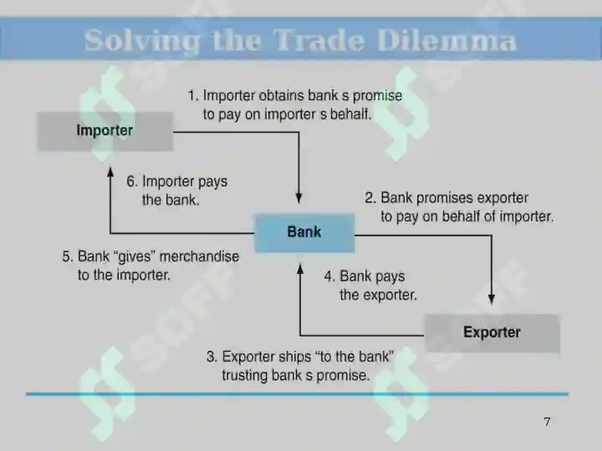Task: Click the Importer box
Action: click(105, 132)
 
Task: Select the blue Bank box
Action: click(304, 233)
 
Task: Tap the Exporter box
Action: click(492, 333)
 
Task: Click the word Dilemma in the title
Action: click(446, 40)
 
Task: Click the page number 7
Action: click(547, 422)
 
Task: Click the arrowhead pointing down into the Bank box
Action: click(298, 198)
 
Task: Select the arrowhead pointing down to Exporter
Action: click(492, 299)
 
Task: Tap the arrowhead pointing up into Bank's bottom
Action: click(300, 269)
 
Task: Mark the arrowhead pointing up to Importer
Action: click(110, 172)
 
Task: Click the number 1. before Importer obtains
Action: click(193, 95)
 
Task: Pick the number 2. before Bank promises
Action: click(370, 198)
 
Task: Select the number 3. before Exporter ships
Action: click(212, 357)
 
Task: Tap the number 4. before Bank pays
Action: click(329, 276)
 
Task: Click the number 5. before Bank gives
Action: click(68, 256)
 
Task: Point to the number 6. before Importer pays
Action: click(132, 181)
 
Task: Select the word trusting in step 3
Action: click(244, 376)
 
